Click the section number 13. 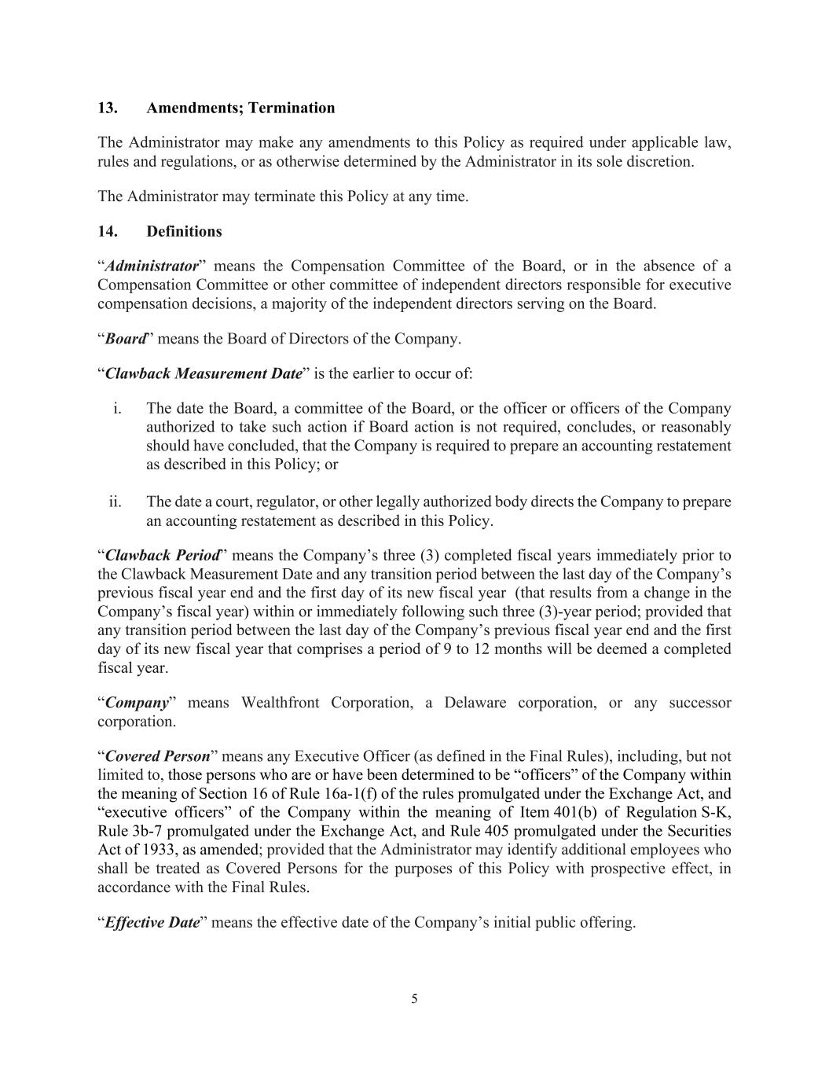coord(107,108)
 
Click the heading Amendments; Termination coord(240,108)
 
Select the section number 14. coord(107,232)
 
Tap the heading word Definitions coord(184,232)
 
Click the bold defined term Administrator coord(151,266)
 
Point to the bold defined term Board coord(126,340)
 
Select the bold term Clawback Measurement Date coord(204,374)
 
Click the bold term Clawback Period coord(162,556)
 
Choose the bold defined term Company coord(137,703)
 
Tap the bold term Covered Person coord(157,757)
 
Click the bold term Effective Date coord(152,923)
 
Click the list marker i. coord(117,409)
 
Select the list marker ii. coord(115,502)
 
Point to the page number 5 coord(414,1000)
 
